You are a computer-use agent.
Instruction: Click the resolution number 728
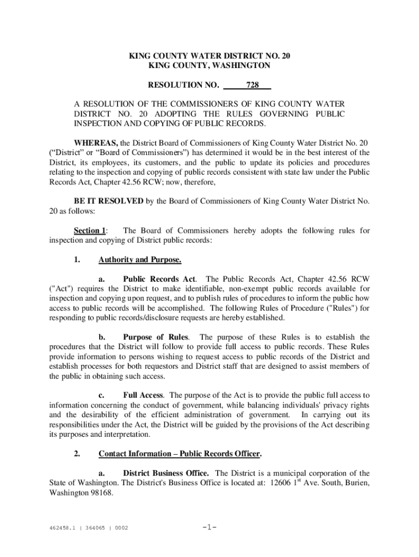(x=252, y=85)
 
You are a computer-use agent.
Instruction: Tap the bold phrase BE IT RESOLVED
(x=109, y=201)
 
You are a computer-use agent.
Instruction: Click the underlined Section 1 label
(x=90, y=231)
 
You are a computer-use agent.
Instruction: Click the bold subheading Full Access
(x=143, y=395)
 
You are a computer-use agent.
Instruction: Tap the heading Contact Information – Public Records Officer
(x=180, y=453)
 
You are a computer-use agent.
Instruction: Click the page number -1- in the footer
(x=209, y=527)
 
